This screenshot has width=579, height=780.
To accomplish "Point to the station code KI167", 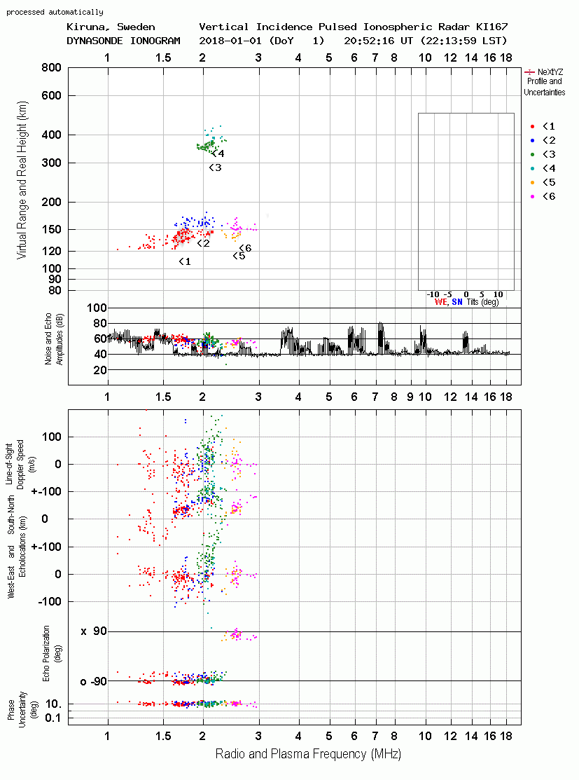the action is (491, 27).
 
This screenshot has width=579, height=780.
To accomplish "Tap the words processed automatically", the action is (55, 12).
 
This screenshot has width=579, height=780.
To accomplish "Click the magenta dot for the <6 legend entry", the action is (532, 196).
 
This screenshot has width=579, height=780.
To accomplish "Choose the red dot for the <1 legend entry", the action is (532, 126).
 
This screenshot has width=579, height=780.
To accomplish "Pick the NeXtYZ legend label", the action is (550, 72).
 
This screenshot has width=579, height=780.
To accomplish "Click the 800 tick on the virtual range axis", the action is (52, 68).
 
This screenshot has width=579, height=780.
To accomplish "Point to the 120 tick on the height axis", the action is (52, 251).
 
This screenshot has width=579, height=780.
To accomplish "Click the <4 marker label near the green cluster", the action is (218, 153).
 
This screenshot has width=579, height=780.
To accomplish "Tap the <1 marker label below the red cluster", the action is (185, 261).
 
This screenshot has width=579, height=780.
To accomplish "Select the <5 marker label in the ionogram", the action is (239, 256).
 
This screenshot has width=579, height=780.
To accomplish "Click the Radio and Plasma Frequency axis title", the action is (308, 754).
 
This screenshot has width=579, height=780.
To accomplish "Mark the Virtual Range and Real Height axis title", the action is (22, 180).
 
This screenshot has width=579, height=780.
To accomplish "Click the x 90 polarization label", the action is (94, 631).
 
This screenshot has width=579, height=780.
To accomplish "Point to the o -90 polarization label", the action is (93, 681).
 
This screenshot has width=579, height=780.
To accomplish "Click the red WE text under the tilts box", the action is (440, 302).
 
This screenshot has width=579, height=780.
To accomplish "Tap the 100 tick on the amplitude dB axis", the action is (97, 308).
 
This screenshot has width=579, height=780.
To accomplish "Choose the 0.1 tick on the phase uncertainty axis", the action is (53, 718).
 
